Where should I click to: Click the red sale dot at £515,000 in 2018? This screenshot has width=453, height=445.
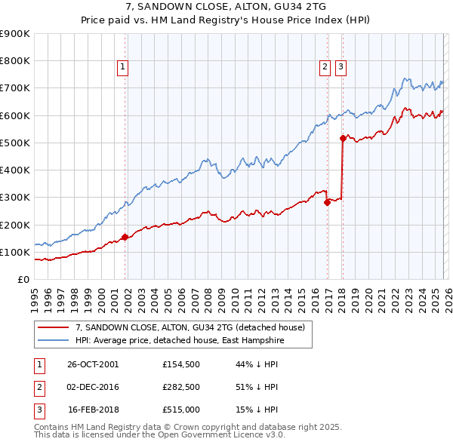click(343, 138)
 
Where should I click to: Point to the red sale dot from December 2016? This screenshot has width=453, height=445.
click(327, 202)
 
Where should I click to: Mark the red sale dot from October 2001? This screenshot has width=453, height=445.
click(125, 237)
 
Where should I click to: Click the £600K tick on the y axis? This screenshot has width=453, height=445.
click(15, 115)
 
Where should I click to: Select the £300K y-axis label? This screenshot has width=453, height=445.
click(15, 198)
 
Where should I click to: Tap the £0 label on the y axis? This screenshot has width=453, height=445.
click(23, 280)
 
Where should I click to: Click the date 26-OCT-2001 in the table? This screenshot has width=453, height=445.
click(93, 364)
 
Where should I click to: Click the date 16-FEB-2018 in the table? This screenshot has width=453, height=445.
click(93, 410)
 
